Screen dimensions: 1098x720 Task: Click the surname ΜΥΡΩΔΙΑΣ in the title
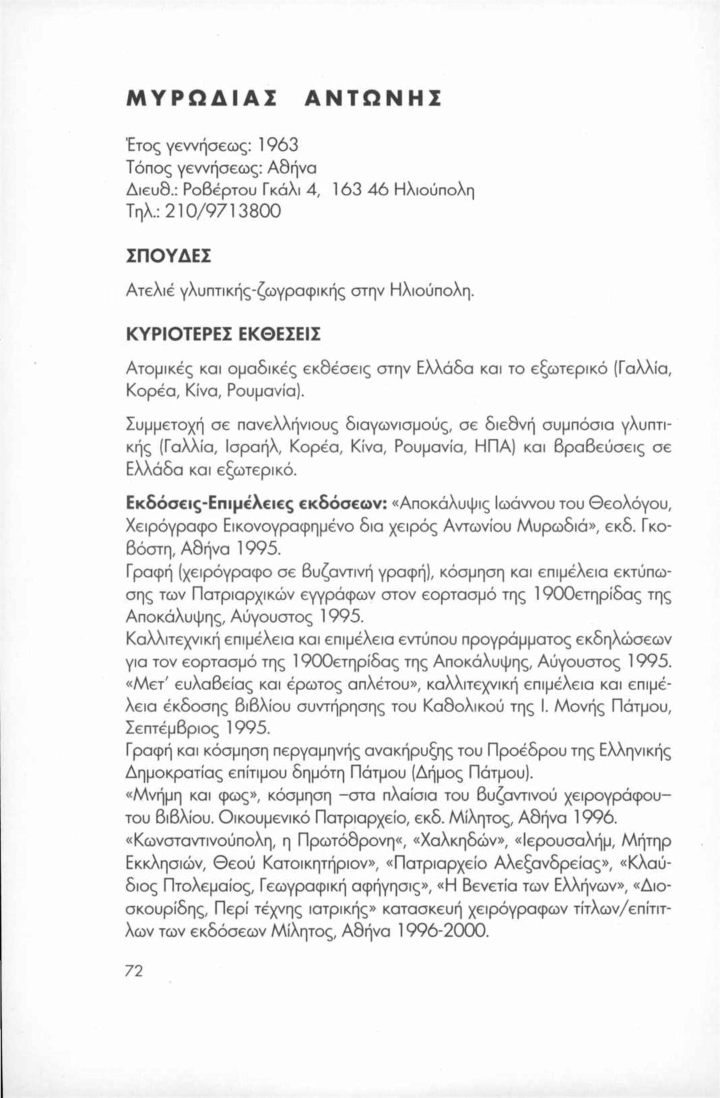click(203, 99)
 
